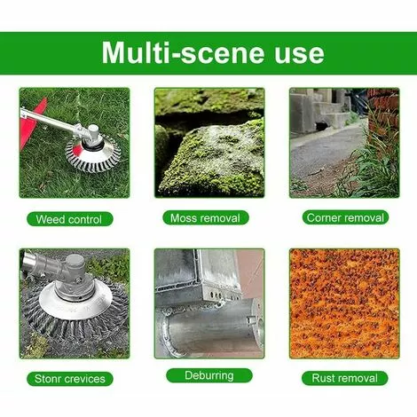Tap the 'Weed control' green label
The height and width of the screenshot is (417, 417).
coord(69,219)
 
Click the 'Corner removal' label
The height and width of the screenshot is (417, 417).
coord(345,217)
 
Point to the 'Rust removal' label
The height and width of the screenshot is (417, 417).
coord(345,378)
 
